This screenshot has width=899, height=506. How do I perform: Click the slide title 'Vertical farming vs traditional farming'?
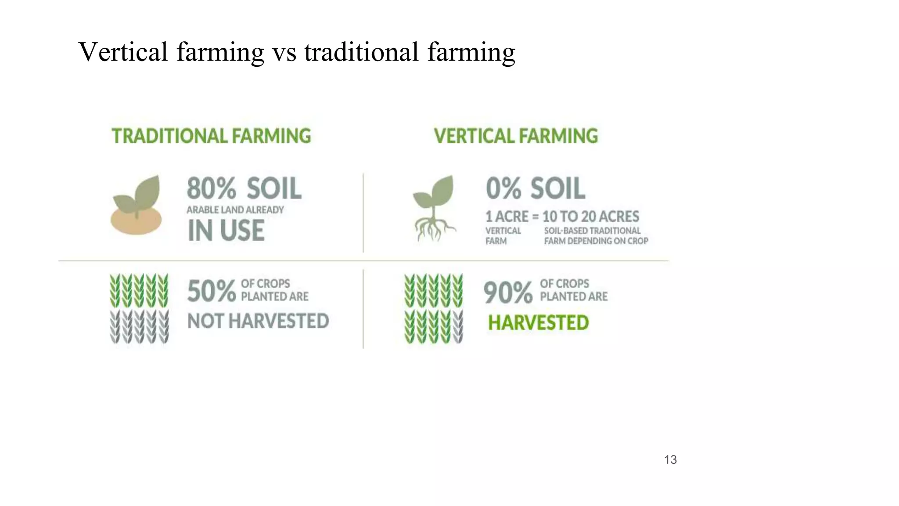coord(297,52)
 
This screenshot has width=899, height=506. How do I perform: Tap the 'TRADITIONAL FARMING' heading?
coord(211,136)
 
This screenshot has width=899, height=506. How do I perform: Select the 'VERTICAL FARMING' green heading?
coord(516,136)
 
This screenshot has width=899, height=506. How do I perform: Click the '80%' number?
coord(211,189)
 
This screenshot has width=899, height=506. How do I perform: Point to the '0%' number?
coord(503,189)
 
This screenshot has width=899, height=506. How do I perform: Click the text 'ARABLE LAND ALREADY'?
coord(235,210)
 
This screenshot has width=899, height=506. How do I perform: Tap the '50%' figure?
coord(211,291)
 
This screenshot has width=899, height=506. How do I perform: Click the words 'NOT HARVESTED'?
coord(258,322)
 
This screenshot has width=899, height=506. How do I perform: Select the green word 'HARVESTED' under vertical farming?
coord(538,323)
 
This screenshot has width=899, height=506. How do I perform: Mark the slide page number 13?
coord(670,460)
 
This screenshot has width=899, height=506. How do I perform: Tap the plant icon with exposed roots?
coord(434,208)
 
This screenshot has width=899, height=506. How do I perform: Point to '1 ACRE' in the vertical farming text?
coord(507,217)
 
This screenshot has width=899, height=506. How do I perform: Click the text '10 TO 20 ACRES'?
coord(590,217)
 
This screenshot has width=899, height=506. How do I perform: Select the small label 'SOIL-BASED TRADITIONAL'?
coord(592,231)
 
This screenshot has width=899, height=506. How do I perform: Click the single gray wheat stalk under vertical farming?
coord(457,327)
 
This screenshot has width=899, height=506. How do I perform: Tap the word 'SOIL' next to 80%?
coord(274,189)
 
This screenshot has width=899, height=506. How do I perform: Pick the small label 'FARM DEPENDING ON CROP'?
coord(596,241)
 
